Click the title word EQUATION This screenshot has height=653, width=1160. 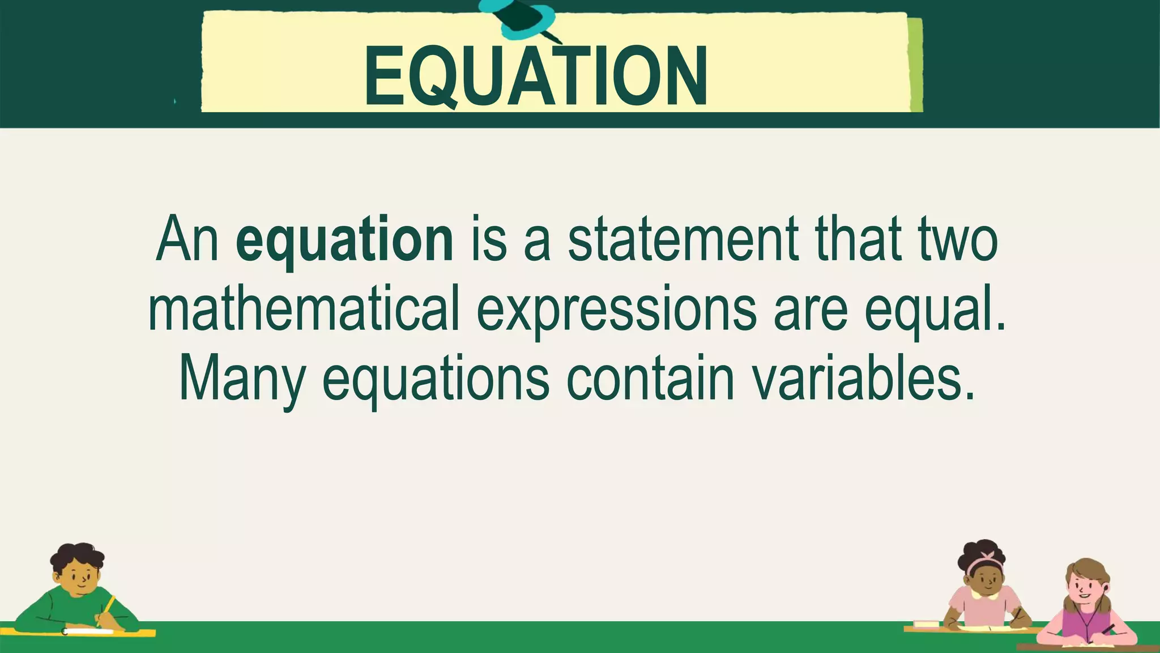pyautogui.click(x=535, y=77)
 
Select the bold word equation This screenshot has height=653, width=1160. pyautogui.click(x=344, y=241)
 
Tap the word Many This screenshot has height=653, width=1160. pyautogui.click(x=242, y=380)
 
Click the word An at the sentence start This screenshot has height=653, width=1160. pyautogui.click(x=187, y=240)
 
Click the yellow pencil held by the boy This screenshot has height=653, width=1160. pyautogui.click(x=108, y=607)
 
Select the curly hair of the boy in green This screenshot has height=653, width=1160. pyautogui.click(x=76, y=553)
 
